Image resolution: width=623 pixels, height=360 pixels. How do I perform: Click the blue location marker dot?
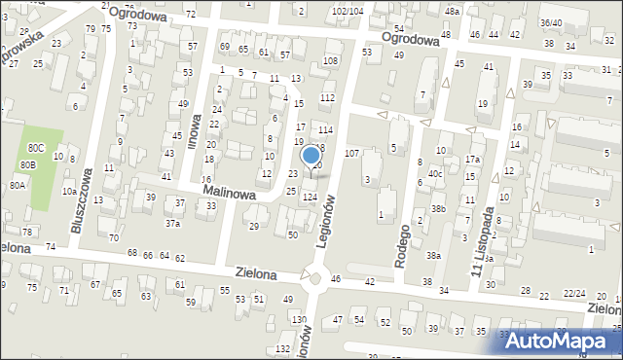[x=311, y=155]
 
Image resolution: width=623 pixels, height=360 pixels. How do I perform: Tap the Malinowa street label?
[x=230, y=195]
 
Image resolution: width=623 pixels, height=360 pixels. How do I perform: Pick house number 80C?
[x=36, y=147]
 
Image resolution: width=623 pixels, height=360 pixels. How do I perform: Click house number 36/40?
[x=551, y=22]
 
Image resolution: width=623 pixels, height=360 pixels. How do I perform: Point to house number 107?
[x=352, y=154]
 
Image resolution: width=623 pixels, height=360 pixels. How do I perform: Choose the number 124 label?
[x=310, y=198]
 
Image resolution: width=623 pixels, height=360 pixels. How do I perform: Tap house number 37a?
[x=172, y=223]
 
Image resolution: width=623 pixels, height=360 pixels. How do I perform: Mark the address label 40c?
[x=435, y=174]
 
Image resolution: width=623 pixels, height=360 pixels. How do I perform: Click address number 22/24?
[x=575, y=293]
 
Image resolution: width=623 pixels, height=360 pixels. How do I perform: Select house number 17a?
[x=472, y=160]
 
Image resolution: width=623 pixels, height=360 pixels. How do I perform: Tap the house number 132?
[x=282, y=348]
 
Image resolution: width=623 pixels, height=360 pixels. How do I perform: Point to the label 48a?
[x=451, y=10]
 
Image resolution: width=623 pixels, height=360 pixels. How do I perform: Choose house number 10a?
[x=69, y=192]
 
